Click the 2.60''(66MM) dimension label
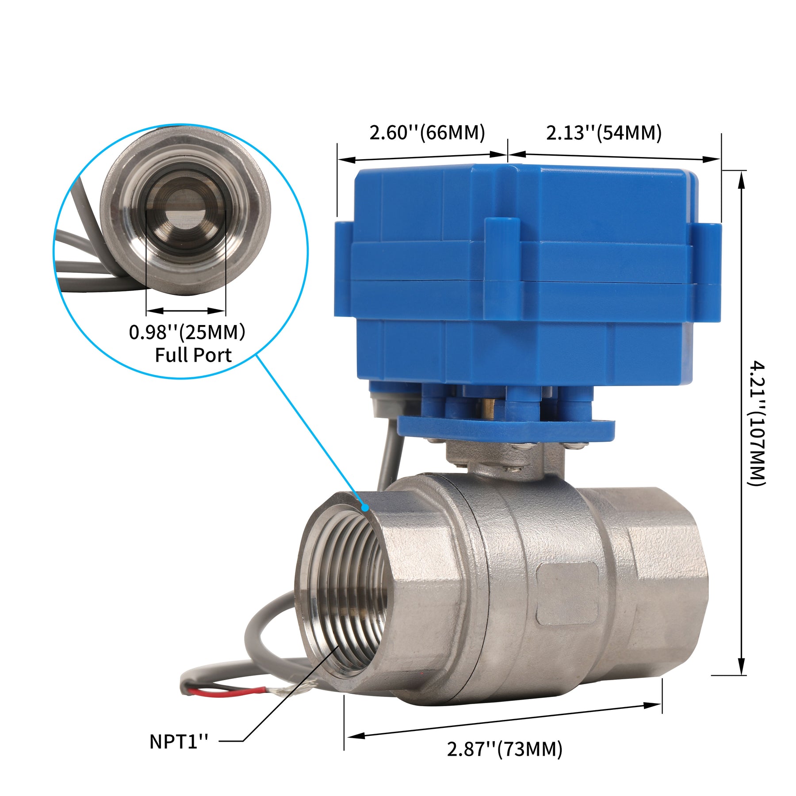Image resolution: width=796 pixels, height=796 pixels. click(427, 133)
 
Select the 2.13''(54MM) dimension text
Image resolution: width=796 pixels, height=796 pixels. click(604, 133)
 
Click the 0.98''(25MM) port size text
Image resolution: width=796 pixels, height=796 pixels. click(187, 332)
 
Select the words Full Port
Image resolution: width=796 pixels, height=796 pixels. click(193, 355)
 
